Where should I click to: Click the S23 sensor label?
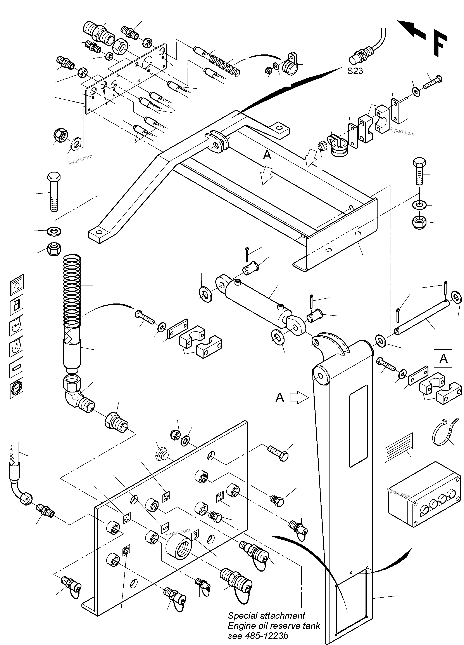(355, 71)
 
